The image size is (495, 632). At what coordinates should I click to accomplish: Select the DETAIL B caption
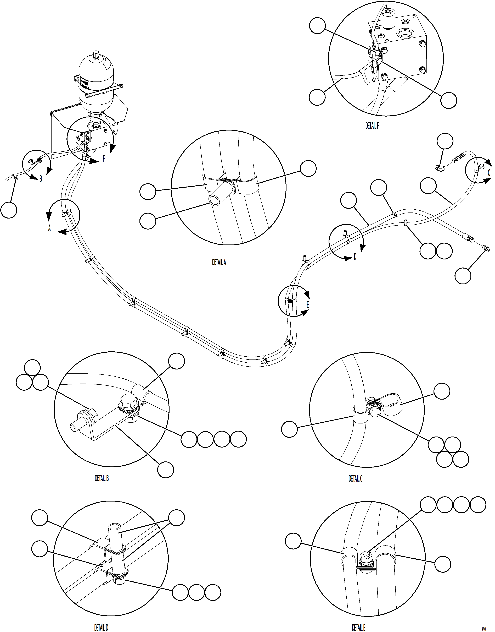coord(102,478)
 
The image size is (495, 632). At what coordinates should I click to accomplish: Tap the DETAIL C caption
coord(355,479)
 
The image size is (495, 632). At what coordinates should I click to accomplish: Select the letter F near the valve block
coord(104,159)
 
